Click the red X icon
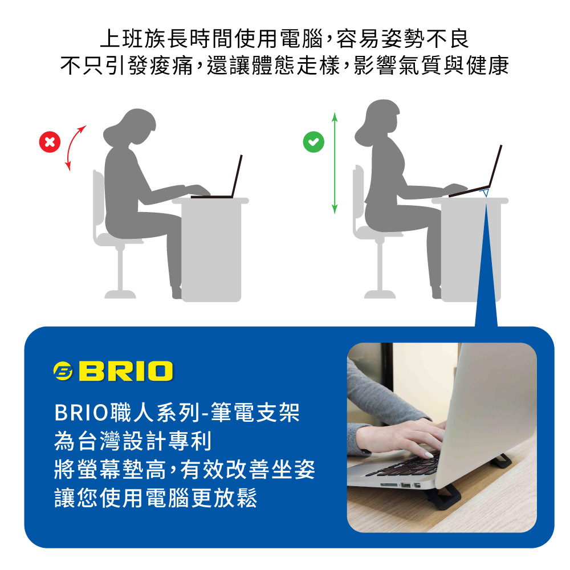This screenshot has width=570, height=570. (50, 142)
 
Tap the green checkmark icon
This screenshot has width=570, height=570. (313, 142)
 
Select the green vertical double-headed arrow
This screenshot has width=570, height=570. (335, 163)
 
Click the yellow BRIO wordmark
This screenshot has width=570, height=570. (126, 371)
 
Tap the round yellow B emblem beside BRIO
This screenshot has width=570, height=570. (63, 371)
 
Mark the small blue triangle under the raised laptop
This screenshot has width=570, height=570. (485, 192)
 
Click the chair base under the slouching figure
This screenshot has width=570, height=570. (120, 294)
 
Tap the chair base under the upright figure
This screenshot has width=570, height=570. (380, 294)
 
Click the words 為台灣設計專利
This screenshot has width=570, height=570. (133, 441)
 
